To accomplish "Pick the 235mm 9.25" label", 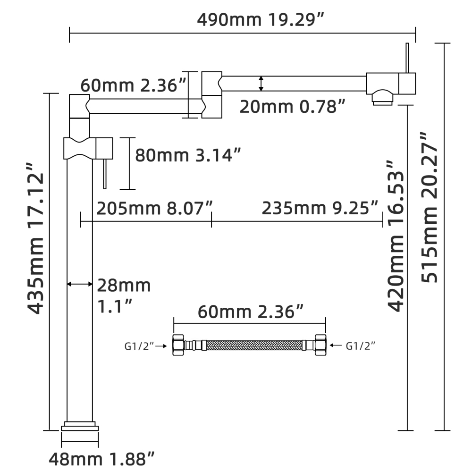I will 320,207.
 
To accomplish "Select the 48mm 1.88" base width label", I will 102,457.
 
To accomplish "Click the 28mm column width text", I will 124,285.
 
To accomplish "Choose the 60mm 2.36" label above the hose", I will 250,312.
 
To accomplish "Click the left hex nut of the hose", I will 178,346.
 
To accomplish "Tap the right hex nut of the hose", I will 320,346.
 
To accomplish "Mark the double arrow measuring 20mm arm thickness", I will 261,84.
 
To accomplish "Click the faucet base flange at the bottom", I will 80,427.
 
